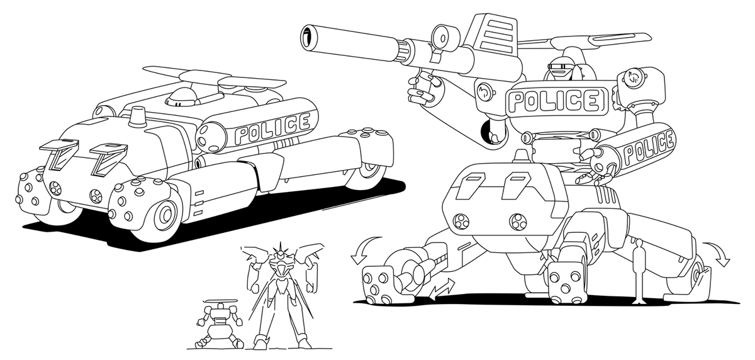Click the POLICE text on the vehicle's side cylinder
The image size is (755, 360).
[272, 128]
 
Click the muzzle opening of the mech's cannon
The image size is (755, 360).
[308, 37]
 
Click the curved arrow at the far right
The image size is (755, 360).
[717, 254]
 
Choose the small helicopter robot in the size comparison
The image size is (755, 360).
[220, 323]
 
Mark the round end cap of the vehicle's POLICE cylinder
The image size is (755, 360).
[210, 138]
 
